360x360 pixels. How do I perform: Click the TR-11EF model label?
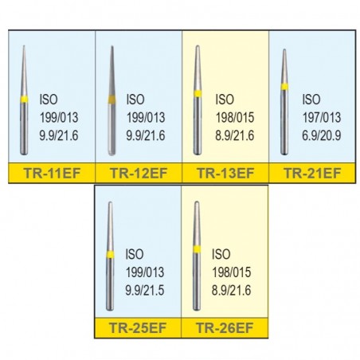tap(52, 173)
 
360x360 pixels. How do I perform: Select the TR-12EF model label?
tap(139, 173)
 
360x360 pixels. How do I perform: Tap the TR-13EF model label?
tap(225, 173)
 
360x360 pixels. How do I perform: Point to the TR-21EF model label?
tap(312, 173)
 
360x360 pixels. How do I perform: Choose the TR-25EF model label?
tap(138, 327)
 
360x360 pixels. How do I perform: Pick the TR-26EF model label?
tap(225, 327)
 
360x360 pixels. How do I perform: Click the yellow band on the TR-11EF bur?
tap(24, 99)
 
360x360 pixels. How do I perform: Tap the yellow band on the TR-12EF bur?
tap(112, 100)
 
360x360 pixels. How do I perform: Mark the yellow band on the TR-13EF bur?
tap(198, 94)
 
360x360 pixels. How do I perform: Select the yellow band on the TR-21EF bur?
tap(284, 87)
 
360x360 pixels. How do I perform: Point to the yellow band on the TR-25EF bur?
tap(110, 254)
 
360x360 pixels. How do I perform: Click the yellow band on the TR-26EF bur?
tap(197, 249)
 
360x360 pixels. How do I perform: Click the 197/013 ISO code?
tap(322, 118)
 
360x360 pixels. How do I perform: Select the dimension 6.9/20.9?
tap(321, 135)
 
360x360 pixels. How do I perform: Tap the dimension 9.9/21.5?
tap(145, 290)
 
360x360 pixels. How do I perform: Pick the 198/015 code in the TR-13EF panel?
tap(235, 118)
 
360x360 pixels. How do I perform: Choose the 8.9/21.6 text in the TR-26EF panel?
tap(231, 290)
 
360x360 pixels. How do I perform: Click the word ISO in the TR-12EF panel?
tap(135, 100)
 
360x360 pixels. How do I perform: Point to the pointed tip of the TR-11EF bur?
tap(24, 45)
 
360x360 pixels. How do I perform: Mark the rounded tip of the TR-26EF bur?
tap(197, 202)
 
